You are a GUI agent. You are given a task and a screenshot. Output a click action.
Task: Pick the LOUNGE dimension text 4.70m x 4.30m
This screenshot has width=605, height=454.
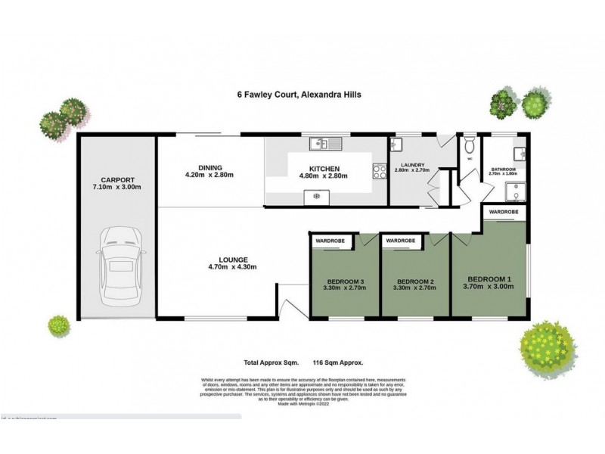[233, 266]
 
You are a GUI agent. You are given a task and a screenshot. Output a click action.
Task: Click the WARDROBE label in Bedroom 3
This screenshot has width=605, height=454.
[330, 240]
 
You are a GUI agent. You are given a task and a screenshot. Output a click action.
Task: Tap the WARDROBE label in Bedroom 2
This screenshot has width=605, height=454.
[400, 240]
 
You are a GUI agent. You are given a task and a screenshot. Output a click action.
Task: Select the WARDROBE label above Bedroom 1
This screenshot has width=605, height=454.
[504, 213]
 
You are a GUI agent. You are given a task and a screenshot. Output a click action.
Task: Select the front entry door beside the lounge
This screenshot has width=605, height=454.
[289, 309]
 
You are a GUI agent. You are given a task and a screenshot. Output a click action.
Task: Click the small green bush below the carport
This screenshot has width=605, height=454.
[57, 326]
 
